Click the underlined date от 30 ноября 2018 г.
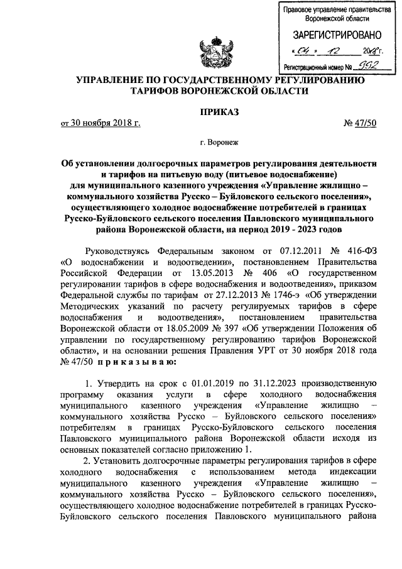[100, 123]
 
